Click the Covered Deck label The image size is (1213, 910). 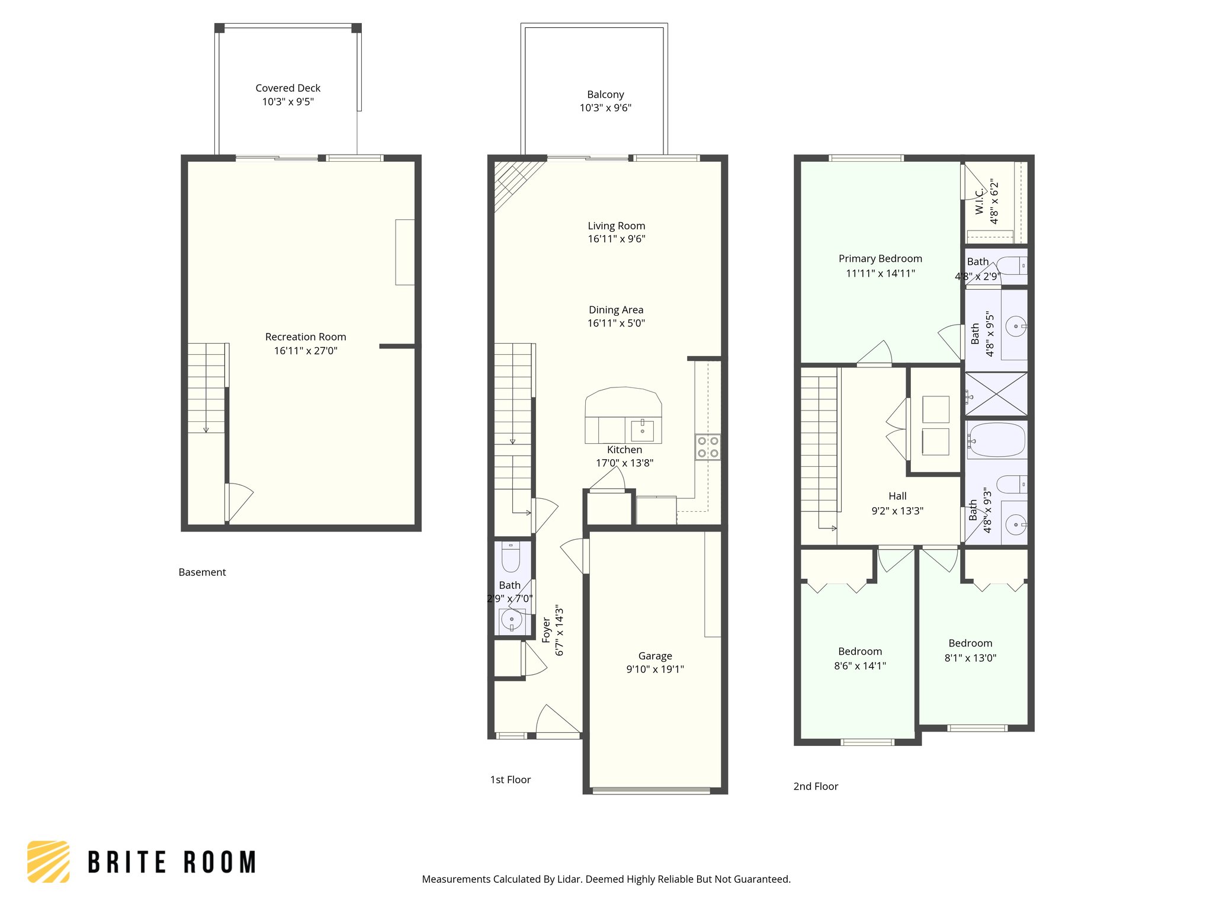tap(288, 88)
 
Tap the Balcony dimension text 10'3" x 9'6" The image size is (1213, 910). tap(605, 108)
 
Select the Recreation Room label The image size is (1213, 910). tap(306, 337)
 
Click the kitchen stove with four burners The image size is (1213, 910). tap(708, 447)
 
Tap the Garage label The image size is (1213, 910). tap(655, 656)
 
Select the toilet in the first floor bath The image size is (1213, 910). tap(511, 557)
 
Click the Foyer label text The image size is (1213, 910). tap(546, 630)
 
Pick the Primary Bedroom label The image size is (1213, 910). tap(880, 259)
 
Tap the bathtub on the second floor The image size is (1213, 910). tap(997, 440)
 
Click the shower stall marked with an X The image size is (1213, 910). tap(996, 394)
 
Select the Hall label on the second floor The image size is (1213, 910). tap(897, 496)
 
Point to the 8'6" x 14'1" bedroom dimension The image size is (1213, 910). tap(860, 666)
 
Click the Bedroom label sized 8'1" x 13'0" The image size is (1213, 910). tap(970, 643)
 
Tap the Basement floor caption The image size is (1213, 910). tap(203, 572)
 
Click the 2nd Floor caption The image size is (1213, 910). tap(816, 786)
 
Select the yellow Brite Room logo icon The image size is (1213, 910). tap(49, 861)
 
